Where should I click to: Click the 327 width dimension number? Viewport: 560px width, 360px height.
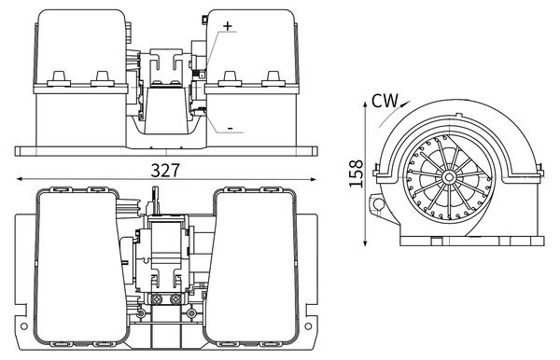[165, 171]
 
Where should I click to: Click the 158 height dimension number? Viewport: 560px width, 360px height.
[357, 173]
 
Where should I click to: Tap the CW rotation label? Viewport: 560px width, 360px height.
[385, 101]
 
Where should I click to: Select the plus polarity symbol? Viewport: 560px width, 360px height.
[228, 26]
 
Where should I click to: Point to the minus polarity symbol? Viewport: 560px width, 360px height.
[231, 129]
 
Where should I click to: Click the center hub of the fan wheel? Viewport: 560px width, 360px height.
[449, 176]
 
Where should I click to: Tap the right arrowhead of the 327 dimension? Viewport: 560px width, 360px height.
[314, 179]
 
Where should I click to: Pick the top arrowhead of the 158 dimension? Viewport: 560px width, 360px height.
[365, 104]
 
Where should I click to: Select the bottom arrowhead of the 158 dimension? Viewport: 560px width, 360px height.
[365, 242]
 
